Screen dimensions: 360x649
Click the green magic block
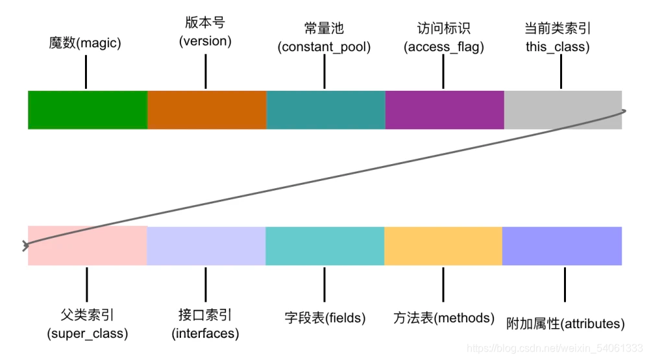(88, 110)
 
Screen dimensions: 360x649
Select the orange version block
(207, 110)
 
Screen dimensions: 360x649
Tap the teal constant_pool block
(326, 110)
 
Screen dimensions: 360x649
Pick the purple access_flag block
(445, 110)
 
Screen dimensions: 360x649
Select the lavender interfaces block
(206, 246)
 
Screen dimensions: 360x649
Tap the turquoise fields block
(325, 246)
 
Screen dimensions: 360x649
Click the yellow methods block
(443, 246)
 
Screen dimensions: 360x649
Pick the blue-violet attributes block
(562, 246)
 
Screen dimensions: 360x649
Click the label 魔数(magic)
(85, 43)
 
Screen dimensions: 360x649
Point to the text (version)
(205, 42)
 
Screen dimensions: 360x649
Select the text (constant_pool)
(324, 47)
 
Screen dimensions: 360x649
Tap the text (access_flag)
(444, 47)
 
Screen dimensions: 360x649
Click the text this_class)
(558, 47)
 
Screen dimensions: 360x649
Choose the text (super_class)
(87, 334)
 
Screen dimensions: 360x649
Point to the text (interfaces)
(205, 334)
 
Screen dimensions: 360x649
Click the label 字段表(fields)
(325, 318)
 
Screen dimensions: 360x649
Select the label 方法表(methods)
(444, 318)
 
